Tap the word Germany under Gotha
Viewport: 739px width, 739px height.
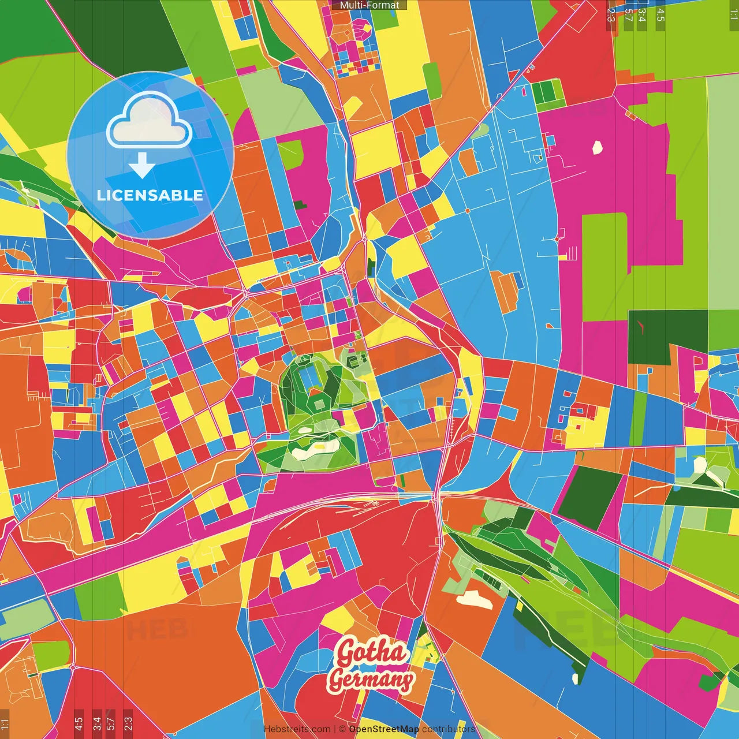click(371, 680)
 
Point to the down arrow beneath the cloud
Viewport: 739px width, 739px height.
click(141, 166)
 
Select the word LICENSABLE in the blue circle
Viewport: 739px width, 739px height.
click(150, 195)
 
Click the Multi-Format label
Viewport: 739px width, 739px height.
click(369, 5)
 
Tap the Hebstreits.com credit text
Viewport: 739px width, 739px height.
click(297, 729)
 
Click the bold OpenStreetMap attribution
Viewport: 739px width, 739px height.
click(383, 729)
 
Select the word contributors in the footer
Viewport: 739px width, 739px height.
click(448, 729)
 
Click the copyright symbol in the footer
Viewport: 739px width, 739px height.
click(342, 729)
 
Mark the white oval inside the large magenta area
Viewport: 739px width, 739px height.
click(597, 148)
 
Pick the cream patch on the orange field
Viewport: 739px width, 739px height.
click(475, 599)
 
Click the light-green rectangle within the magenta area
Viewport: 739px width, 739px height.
click(604, 266)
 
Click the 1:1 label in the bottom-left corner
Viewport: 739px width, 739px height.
click(5, 723)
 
